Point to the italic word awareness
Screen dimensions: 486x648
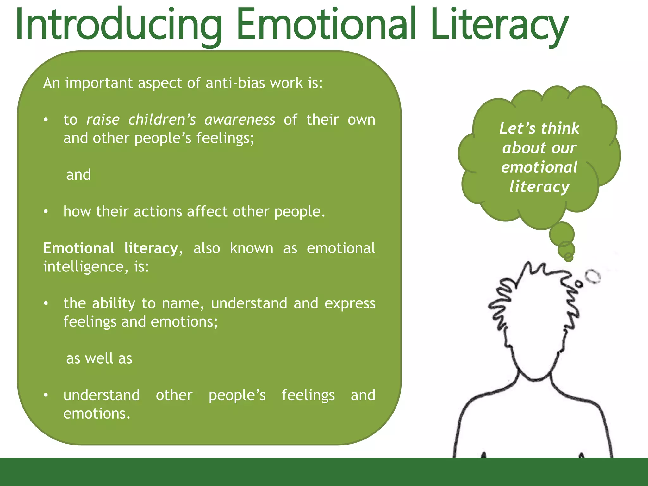240,120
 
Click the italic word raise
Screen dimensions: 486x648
103,120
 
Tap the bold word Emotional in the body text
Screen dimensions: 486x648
78,248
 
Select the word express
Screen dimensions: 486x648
350,303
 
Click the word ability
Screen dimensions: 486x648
114,303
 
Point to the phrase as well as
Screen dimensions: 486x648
99,358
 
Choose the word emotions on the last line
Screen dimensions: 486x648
97,414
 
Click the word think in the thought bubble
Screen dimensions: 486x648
560,128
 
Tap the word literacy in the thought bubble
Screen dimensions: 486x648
539,187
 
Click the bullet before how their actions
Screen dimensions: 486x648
46,211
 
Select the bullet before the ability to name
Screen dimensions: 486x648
46,303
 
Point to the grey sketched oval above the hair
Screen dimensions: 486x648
593,276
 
